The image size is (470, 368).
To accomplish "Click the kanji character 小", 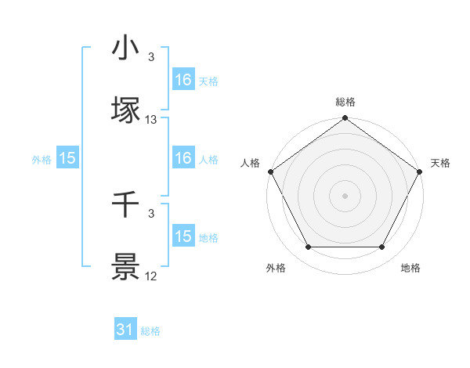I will (125, 49).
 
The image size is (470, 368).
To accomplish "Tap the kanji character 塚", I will (125, 110).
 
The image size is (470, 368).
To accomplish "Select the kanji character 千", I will (125, 205).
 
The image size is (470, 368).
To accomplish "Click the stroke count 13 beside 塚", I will (151, 120).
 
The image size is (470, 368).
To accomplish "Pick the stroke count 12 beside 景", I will (151, 277).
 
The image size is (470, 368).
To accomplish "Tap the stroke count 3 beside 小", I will (151, 57).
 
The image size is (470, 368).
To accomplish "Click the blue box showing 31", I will (125, 330).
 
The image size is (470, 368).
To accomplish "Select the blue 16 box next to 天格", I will (183, 79).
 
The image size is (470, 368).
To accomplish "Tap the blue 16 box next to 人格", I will (183, 158).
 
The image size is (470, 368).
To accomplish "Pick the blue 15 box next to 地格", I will (183, 236).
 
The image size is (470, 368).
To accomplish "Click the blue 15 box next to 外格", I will (67, 158).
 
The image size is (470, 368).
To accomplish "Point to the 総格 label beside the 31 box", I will (150, 331).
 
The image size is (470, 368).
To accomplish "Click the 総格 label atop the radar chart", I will (345, 102).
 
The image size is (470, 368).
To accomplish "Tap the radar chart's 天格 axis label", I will (440, 163).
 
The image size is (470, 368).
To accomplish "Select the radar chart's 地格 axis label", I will (410, 269).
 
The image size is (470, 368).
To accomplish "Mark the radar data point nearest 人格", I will (270, 171).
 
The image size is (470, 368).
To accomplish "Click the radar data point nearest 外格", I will (308, 247).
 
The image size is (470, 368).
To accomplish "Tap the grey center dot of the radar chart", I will (345, 195).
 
